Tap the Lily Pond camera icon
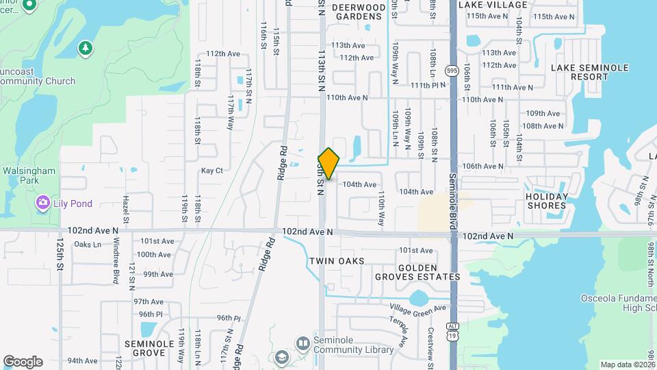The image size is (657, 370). [x=43, y=203]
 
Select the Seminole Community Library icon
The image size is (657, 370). [x=302, y=342]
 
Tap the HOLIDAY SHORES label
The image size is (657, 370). [x=547, y=201]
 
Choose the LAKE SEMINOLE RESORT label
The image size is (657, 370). [x=579, y=72]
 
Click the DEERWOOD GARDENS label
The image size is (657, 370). [x=359, y=11]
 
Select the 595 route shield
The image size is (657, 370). [x=451, y=70]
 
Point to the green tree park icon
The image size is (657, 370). [x=85, y=48]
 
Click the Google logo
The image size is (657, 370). [x=23, y=362]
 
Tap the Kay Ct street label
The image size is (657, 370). [x=212, y=171]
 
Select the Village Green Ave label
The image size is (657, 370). [x=417, y=308]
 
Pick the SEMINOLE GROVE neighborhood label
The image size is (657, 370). [x=144, y=347]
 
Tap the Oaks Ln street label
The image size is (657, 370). [x=87, y=245]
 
